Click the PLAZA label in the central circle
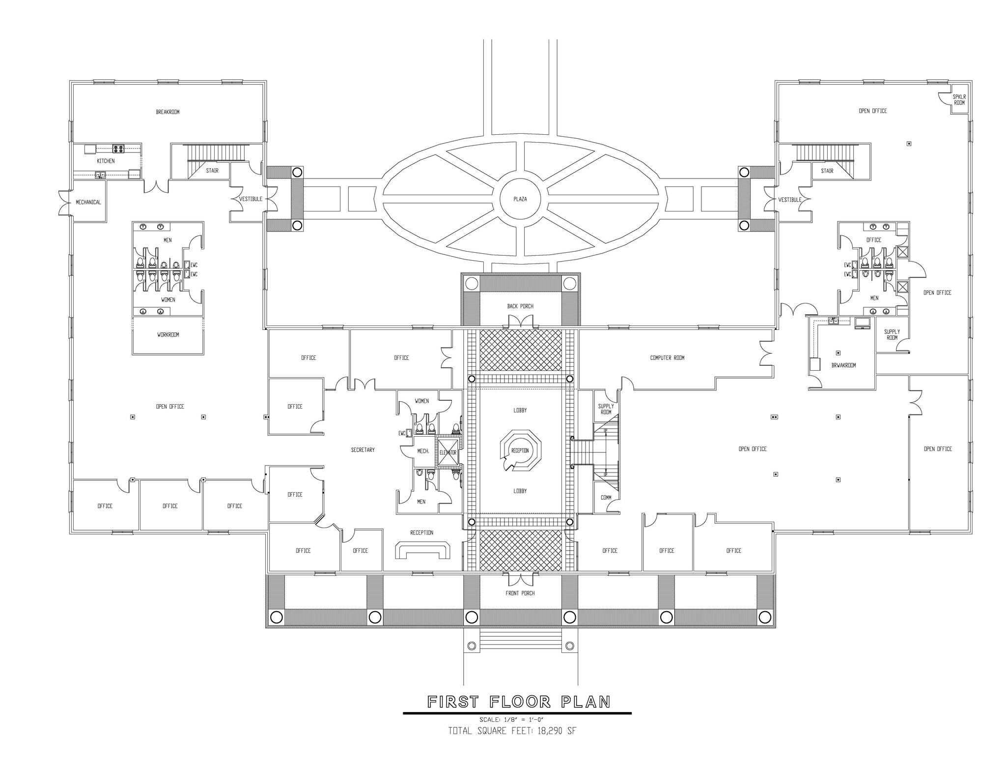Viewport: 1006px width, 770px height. [520, 199]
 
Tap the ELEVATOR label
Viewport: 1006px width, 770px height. [448, 453]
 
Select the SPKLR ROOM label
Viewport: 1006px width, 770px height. [959, 100]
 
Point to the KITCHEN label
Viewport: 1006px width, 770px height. [106, 161]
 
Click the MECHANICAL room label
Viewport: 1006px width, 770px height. [88, 202]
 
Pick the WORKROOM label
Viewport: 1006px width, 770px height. [168, 335]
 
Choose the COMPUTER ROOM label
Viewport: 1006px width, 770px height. [667, 358]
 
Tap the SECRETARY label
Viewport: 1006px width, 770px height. [363, 450]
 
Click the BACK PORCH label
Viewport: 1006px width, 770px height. [520, 306]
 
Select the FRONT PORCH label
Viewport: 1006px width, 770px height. [520, 593]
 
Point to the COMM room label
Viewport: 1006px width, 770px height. [606, 498]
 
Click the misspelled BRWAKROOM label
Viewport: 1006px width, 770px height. [844, 365]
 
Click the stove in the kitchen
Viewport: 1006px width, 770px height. [118, 148]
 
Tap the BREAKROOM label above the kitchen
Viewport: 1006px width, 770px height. [168, 112]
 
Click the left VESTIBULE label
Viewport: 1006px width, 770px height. [251, 199]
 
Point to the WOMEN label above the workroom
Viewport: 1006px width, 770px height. [168, 300]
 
